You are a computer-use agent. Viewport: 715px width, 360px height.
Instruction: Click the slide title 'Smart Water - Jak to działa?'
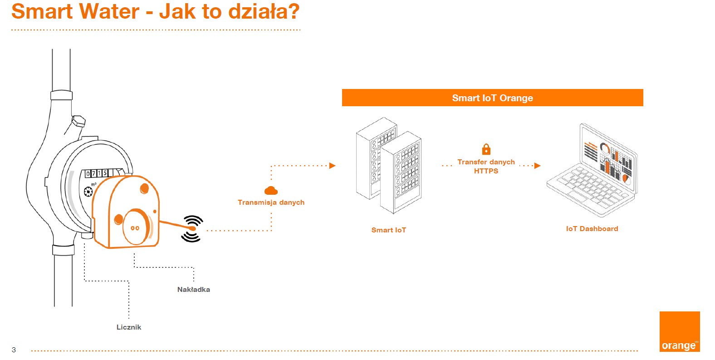click(155, 12)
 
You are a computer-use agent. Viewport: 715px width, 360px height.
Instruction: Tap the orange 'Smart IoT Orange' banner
click(492, 98)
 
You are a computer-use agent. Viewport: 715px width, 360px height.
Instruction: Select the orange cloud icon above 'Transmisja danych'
click(271, 190)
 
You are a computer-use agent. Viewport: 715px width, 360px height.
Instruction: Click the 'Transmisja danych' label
click(271, 202)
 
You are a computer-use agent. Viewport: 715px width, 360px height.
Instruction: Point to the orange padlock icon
click(486, 149)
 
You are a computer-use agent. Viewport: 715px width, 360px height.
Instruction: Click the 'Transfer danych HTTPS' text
click(486, 166)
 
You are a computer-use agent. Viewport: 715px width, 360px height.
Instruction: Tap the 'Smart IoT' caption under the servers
click(388, 230)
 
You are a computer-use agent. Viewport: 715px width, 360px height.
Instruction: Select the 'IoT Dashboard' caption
click(592, 229)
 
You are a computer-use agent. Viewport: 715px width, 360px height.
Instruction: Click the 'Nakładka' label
click(193, 290)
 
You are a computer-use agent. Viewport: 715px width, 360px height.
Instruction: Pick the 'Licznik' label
click(129, 327)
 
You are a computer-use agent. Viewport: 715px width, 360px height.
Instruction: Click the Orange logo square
click(679, 331)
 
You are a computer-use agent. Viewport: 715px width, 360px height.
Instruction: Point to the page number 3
click(14, 350)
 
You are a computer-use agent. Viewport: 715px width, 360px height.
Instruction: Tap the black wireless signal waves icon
click(192, 228)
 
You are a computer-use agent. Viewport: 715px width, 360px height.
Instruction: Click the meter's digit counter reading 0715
click(97, 173)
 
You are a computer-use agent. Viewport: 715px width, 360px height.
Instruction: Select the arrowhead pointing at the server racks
click(333, 166)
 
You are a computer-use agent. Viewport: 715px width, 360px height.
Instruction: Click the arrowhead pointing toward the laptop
click(538, 166)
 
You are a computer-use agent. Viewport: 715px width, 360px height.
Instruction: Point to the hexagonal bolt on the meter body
click(78, 121)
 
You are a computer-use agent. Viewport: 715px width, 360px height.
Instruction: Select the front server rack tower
click(401, 173)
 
